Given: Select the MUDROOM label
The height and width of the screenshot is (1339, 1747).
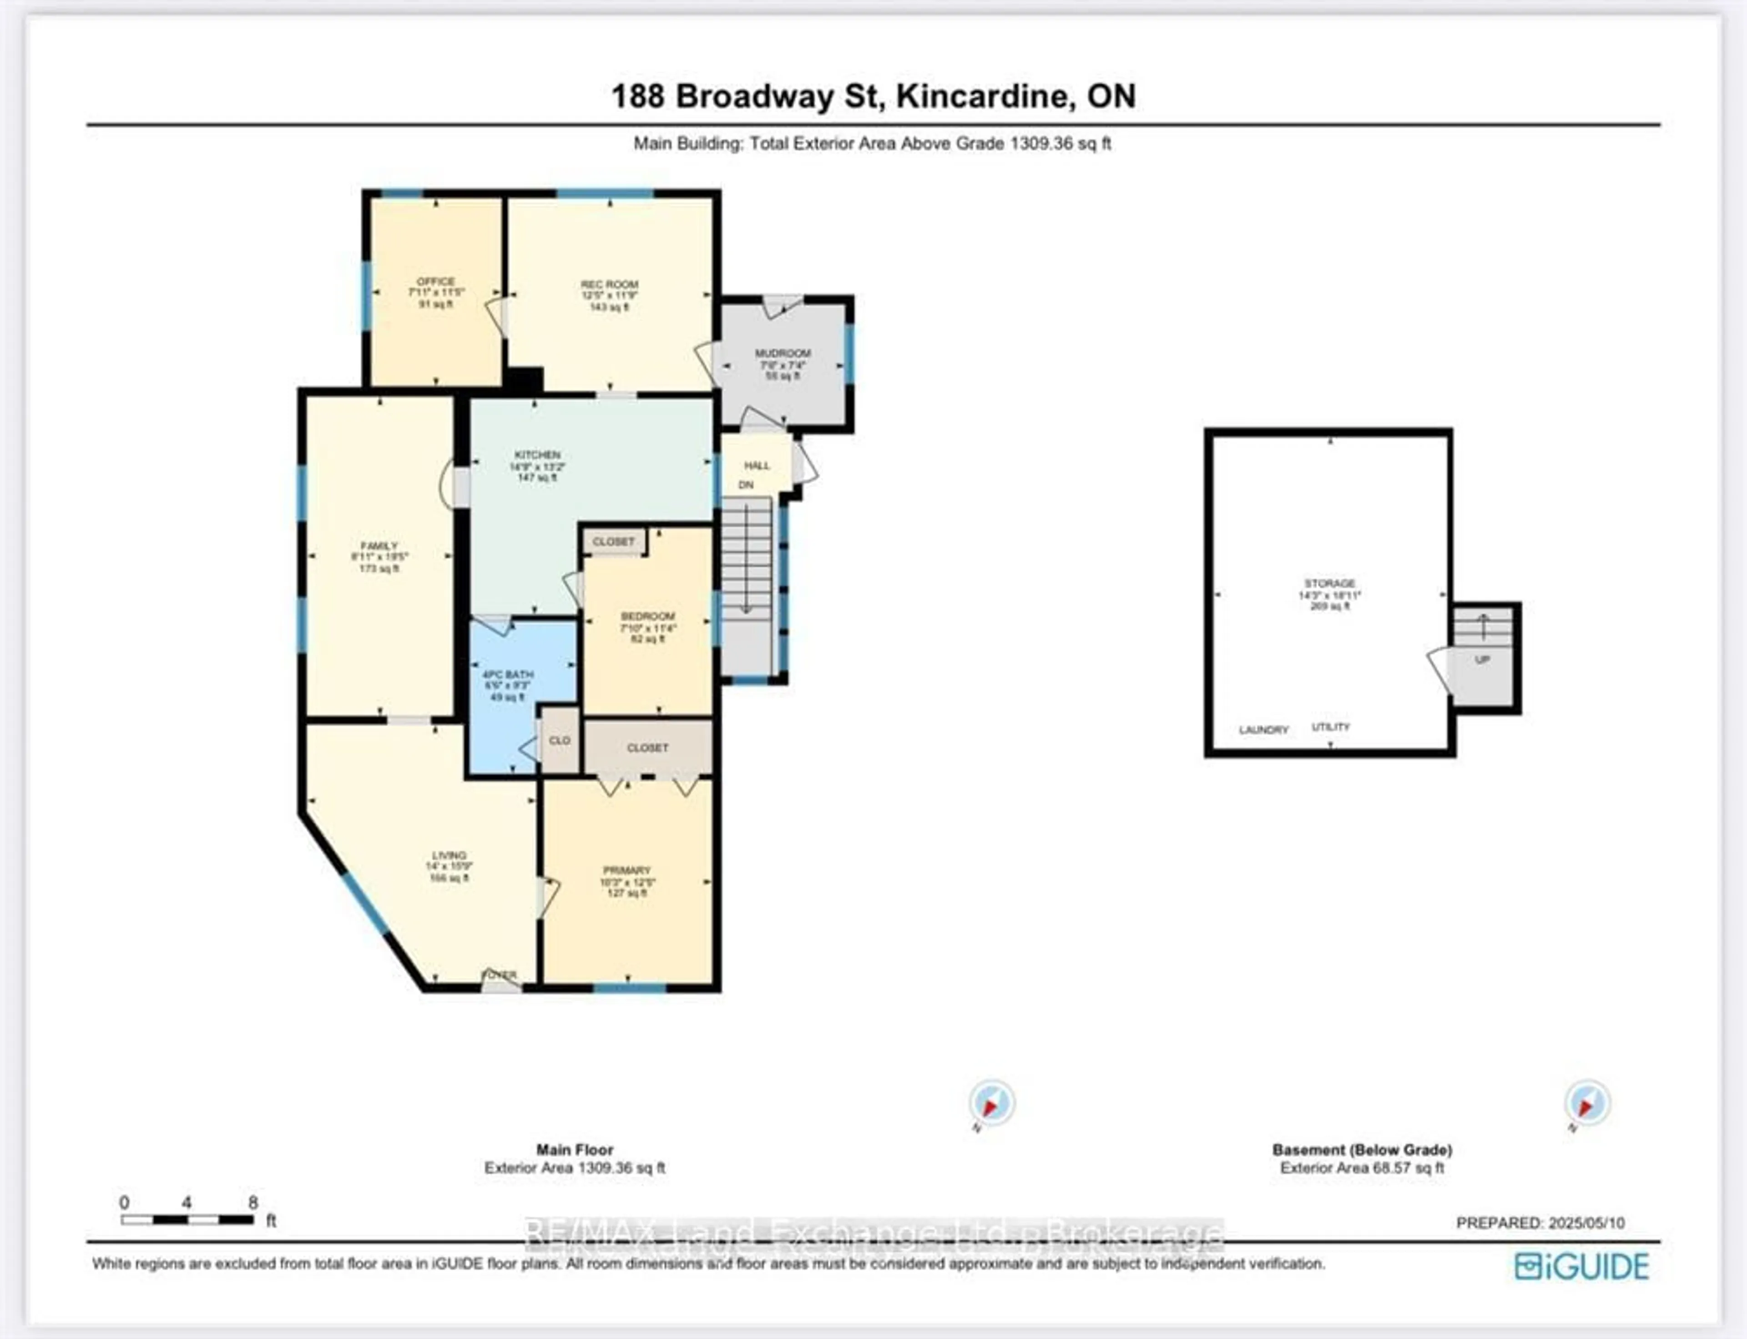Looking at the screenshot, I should pyautogui.click(x=783, y=353).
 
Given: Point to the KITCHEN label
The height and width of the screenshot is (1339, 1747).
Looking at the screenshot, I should pyautogui.click(x=537, y=455).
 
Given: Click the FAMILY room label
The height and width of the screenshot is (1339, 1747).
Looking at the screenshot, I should pyautogui.click(x=379, y=546).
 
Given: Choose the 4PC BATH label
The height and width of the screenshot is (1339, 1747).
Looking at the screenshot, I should pyautogui.click(x=508, y=674).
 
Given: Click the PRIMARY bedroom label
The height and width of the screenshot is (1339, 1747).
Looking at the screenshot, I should pyautogui.click(x=627, y=870).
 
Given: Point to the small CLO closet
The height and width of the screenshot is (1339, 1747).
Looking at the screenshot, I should pyautogui.click(x=560, y=740).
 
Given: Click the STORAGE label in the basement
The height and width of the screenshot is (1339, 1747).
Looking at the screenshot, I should pyautogui.click(x=1329, y=583).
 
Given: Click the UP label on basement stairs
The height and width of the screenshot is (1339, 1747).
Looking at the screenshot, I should pyautogui.click(x=1482, y=660).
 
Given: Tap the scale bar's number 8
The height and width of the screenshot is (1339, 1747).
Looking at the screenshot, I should pyautogui.click(x=252, y=1203).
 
